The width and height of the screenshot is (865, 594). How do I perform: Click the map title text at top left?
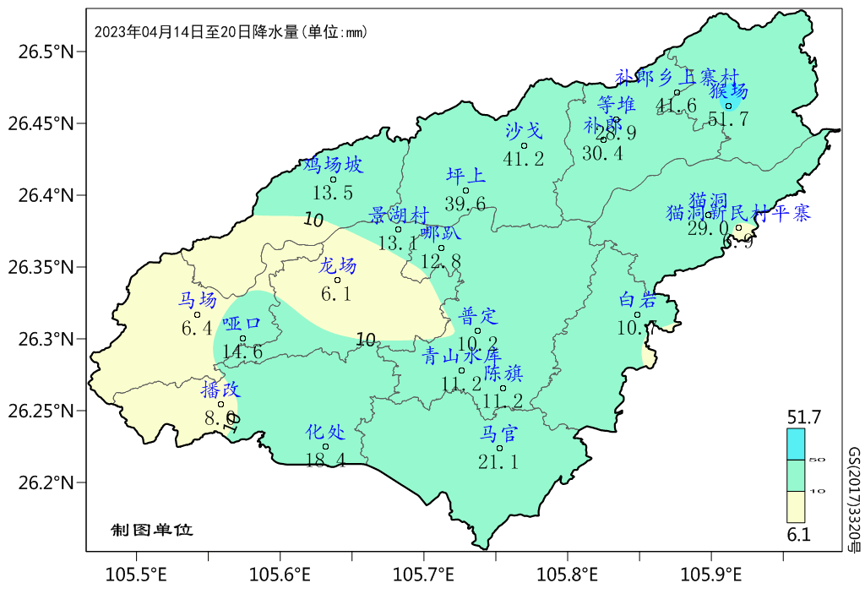[230, 32]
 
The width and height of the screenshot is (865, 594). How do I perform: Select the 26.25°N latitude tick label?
[42, 411]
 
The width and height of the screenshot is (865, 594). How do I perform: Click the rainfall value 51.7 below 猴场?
[728, 120]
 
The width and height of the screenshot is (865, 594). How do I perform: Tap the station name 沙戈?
[524, 130]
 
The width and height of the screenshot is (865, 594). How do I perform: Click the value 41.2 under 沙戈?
[524, 158]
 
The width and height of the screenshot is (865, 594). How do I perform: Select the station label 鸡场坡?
[333, 165]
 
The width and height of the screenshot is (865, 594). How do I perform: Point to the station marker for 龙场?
[338, 280]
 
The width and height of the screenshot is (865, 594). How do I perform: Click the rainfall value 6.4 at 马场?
[197, 328]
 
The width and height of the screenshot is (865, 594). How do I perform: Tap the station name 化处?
[325, 433]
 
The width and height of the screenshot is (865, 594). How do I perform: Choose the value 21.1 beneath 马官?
[498, 461]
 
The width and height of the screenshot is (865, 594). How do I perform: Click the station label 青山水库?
[462, 357]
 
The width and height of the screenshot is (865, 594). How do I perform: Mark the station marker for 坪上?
[465, 190]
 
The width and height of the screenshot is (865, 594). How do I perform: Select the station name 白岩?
[638, 300]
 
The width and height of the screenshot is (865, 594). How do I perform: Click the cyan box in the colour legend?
[796, 444]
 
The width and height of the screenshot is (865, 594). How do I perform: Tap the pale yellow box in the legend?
[796, 507]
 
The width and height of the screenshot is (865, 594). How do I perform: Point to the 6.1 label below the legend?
[798, 535]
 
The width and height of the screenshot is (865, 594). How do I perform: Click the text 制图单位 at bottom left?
[152, 530]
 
